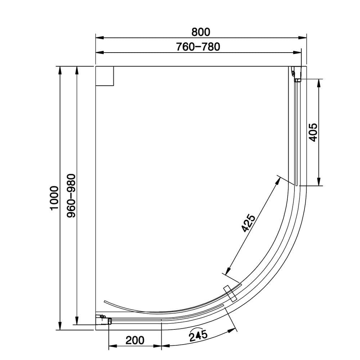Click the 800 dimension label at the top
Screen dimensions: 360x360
pyautogui.click(x=201, y=32)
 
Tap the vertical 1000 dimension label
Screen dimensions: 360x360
pyautogui.click(x=54, y=198)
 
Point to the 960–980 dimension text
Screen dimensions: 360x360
pyautogui.click(x=71, y=195)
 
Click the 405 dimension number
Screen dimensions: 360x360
pyautogui.click(x=312, y=132)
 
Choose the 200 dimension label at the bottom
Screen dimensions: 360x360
pyautogui.click(x=135, y=340)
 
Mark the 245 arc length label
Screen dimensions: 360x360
pyautogui.click(x=198, y=336)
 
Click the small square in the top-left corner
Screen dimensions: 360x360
pyautogui.click(x=104, y=76)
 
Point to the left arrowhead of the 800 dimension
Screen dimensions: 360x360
pyautogui.click(x=98, y=37)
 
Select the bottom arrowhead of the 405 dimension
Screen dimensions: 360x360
pyautogui.click(x=318, y=183)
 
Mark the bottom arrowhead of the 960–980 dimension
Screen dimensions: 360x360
pyautogui.click(x=76, y=321)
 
